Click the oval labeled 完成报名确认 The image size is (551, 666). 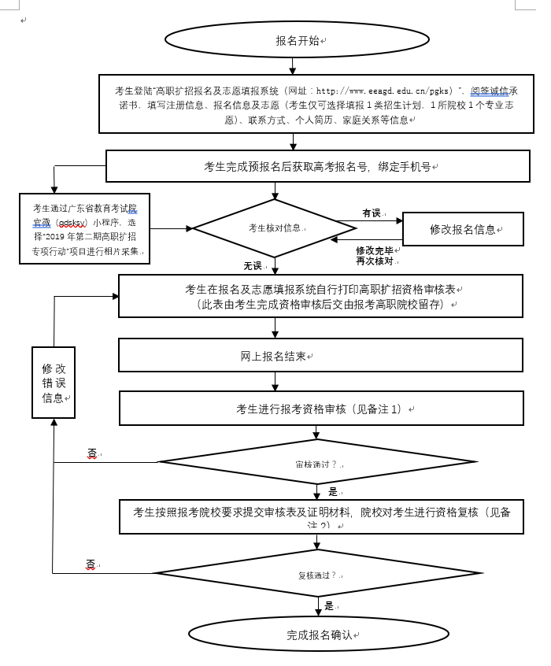coord(318,634)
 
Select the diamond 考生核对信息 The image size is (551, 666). coord(274,228)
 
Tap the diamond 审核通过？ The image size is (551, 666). coord(316,463)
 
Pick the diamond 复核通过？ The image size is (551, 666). coord(316,574)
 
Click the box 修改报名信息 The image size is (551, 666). coord(463,230)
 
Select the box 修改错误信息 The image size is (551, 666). coord(54,383)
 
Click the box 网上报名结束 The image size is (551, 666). coord(320,356)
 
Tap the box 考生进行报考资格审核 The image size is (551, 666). coord(320,409)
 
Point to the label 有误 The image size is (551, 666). coord(371,213)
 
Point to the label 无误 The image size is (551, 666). coord(253,265)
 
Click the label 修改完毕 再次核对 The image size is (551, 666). coord(375,255)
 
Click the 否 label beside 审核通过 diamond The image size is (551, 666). coord(92,453)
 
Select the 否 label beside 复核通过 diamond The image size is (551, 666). coord(91,564)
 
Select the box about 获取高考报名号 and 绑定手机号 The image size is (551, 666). coord(320,167)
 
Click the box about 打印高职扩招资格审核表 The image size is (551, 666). coord(320,296)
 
